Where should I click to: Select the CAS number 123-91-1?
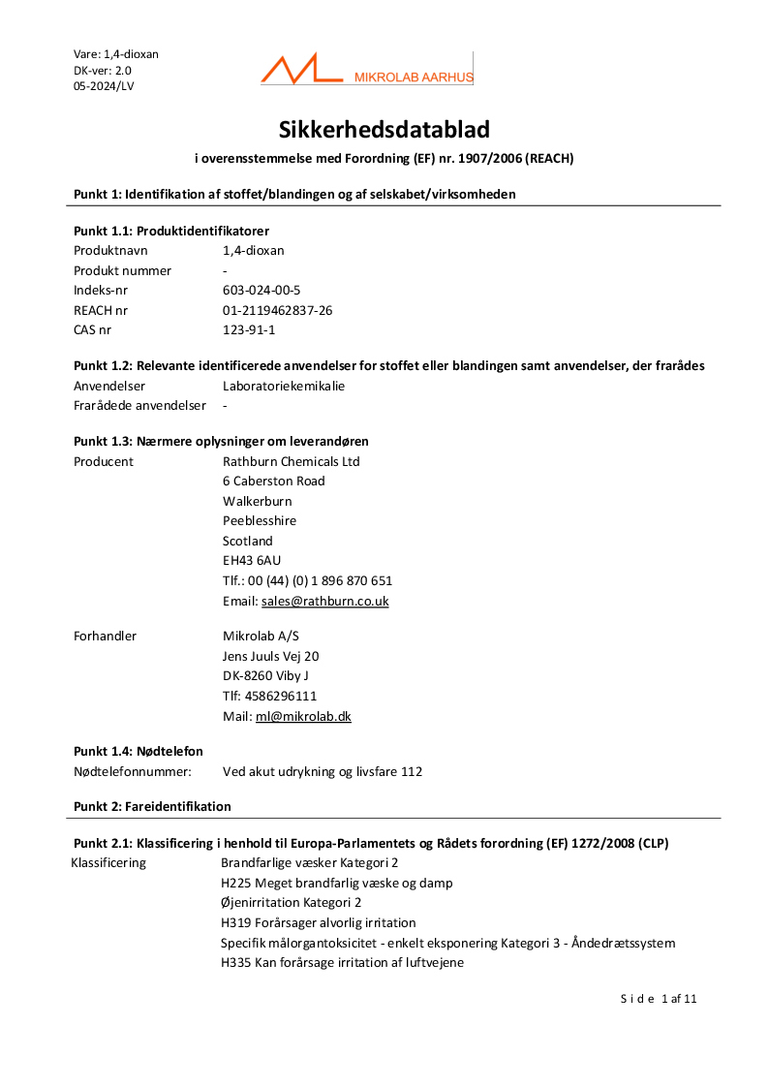pyautogui.click(x=249, y=330)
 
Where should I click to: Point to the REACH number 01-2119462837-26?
pyautogui.click(x=278, y=310)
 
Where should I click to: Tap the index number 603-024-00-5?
pyautogui.click(x=261, y=290)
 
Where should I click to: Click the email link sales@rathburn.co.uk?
pyautogui.click(x=324, y=601)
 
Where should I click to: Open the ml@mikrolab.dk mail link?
pyautogui.click(x=303, y=716)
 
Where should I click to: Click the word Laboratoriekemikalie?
pyautogui.click(x=284, y=386)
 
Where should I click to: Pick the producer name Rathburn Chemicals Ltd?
pyautogui.click(x=291, y=461)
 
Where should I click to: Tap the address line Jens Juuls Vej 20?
pyautogui.click(x=271, y=656)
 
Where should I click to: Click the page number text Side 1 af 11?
pyautogui.click(x=659, y=999)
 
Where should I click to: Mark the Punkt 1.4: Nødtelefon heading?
pyautogui.click(x=138, y=751)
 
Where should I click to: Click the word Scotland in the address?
pyautogui.click(x=248, y=541)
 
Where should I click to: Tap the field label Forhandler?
pyautogui.click(x=105, y=636)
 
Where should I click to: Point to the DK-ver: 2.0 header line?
pyautogui.click(x=103, y=70)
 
